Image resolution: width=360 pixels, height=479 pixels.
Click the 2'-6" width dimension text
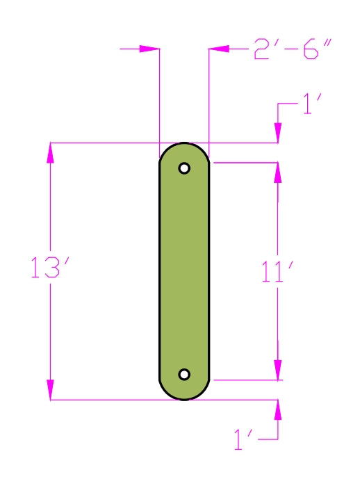click(x=293, y=50)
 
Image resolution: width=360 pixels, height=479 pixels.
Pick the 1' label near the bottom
click(x=247, y=440)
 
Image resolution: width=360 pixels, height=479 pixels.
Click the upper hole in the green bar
click(x=184, y=168)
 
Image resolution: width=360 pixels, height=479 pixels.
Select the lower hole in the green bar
click(x=184, y=375)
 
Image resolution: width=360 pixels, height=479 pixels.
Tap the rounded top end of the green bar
click(x=184, y=149)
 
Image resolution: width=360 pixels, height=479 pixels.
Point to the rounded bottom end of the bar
click(x=184, y=393)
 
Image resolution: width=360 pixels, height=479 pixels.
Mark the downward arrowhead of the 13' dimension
click(x=50, y=390)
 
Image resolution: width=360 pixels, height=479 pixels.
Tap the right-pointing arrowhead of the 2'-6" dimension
click(x=150, y=49)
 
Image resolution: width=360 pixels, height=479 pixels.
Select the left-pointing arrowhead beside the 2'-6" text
click(x=219, y=49)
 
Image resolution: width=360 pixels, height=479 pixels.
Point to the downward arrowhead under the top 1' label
click(x=278, y=133)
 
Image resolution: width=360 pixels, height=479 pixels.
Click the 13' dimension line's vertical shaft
click(x=50, y=209)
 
